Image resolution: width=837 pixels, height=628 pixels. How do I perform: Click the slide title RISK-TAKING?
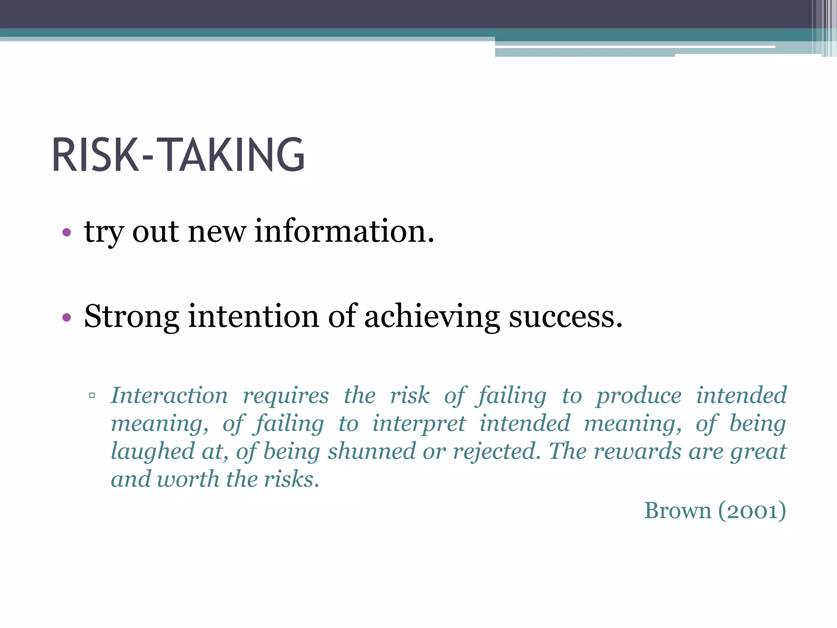(178, 155)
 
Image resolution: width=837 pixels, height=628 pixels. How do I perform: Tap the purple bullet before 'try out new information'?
(67, 233)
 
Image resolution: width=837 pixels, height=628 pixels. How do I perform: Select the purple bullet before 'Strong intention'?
(67, 317)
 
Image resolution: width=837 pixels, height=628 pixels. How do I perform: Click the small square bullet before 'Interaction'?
(92, 395)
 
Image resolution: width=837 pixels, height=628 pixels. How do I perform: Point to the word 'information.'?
(344, 231)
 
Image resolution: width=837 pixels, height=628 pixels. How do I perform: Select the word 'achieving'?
(432, 316)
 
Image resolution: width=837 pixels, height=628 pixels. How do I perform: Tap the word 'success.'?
(566, 316)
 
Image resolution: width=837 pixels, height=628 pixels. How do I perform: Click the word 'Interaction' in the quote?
(169, 395)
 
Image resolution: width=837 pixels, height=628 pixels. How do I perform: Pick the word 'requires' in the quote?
(286, 395)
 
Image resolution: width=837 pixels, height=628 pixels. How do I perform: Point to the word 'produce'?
(639, 395)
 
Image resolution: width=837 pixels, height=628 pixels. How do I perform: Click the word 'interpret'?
(419, 424)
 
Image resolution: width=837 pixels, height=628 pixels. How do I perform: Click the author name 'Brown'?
(678, 511)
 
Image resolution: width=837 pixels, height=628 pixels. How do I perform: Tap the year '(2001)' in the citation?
(752, 511)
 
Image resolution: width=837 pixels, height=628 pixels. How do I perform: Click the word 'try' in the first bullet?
(103, 232)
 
